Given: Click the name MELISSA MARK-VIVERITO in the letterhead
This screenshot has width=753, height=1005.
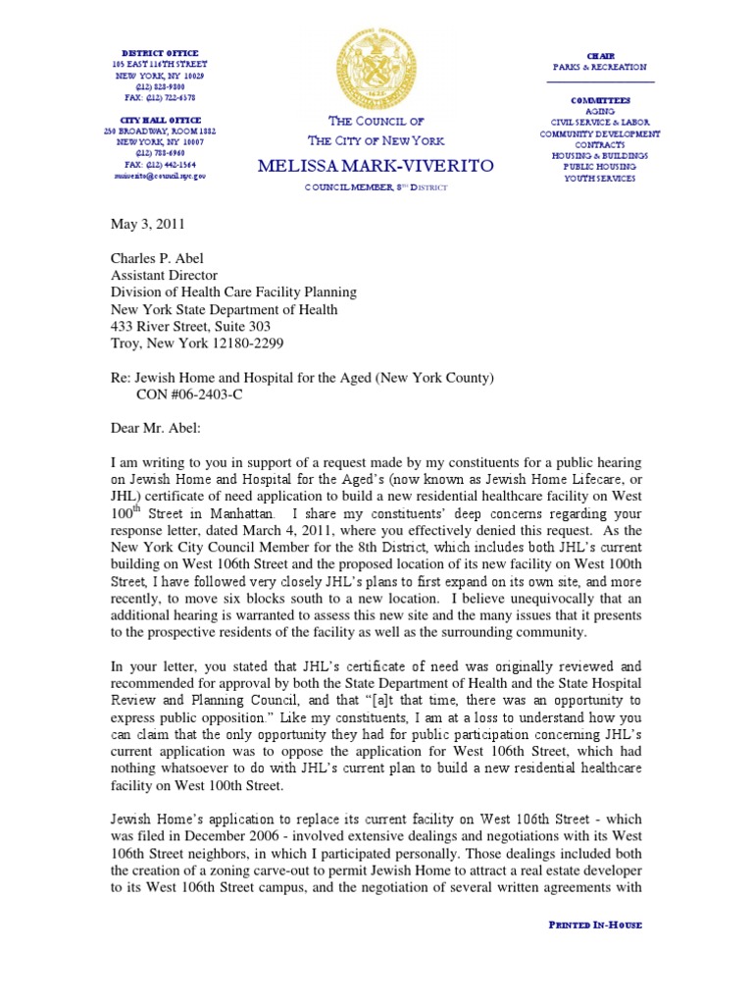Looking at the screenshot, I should coord(376,166).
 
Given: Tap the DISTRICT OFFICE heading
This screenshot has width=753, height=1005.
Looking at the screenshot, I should coord(160,53).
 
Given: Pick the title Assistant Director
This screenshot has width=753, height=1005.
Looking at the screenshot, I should coord(163,277).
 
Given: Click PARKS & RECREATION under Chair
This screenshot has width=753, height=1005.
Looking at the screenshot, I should coord(599,67).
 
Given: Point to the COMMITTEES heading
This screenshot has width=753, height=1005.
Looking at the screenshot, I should coord(600,101).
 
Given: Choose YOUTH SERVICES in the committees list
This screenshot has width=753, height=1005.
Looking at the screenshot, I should coord(599,179).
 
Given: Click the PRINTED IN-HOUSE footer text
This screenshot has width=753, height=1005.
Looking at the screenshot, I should coord(593,925).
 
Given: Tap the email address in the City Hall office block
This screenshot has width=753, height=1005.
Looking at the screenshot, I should coord(160,176).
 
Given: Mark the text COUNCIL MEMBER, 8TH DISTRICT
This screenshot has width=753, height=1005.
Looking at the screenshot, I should coord(376,186).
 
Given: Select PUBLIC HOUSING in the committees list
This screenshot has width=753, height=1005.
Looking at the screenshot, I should coord(599,168).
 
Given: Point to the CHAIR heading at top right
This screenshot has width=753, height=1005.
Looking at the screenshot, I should coord(599,56).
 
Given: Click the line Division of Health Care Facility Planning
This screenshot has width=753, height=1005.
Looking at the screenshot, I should coord(232,292).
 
